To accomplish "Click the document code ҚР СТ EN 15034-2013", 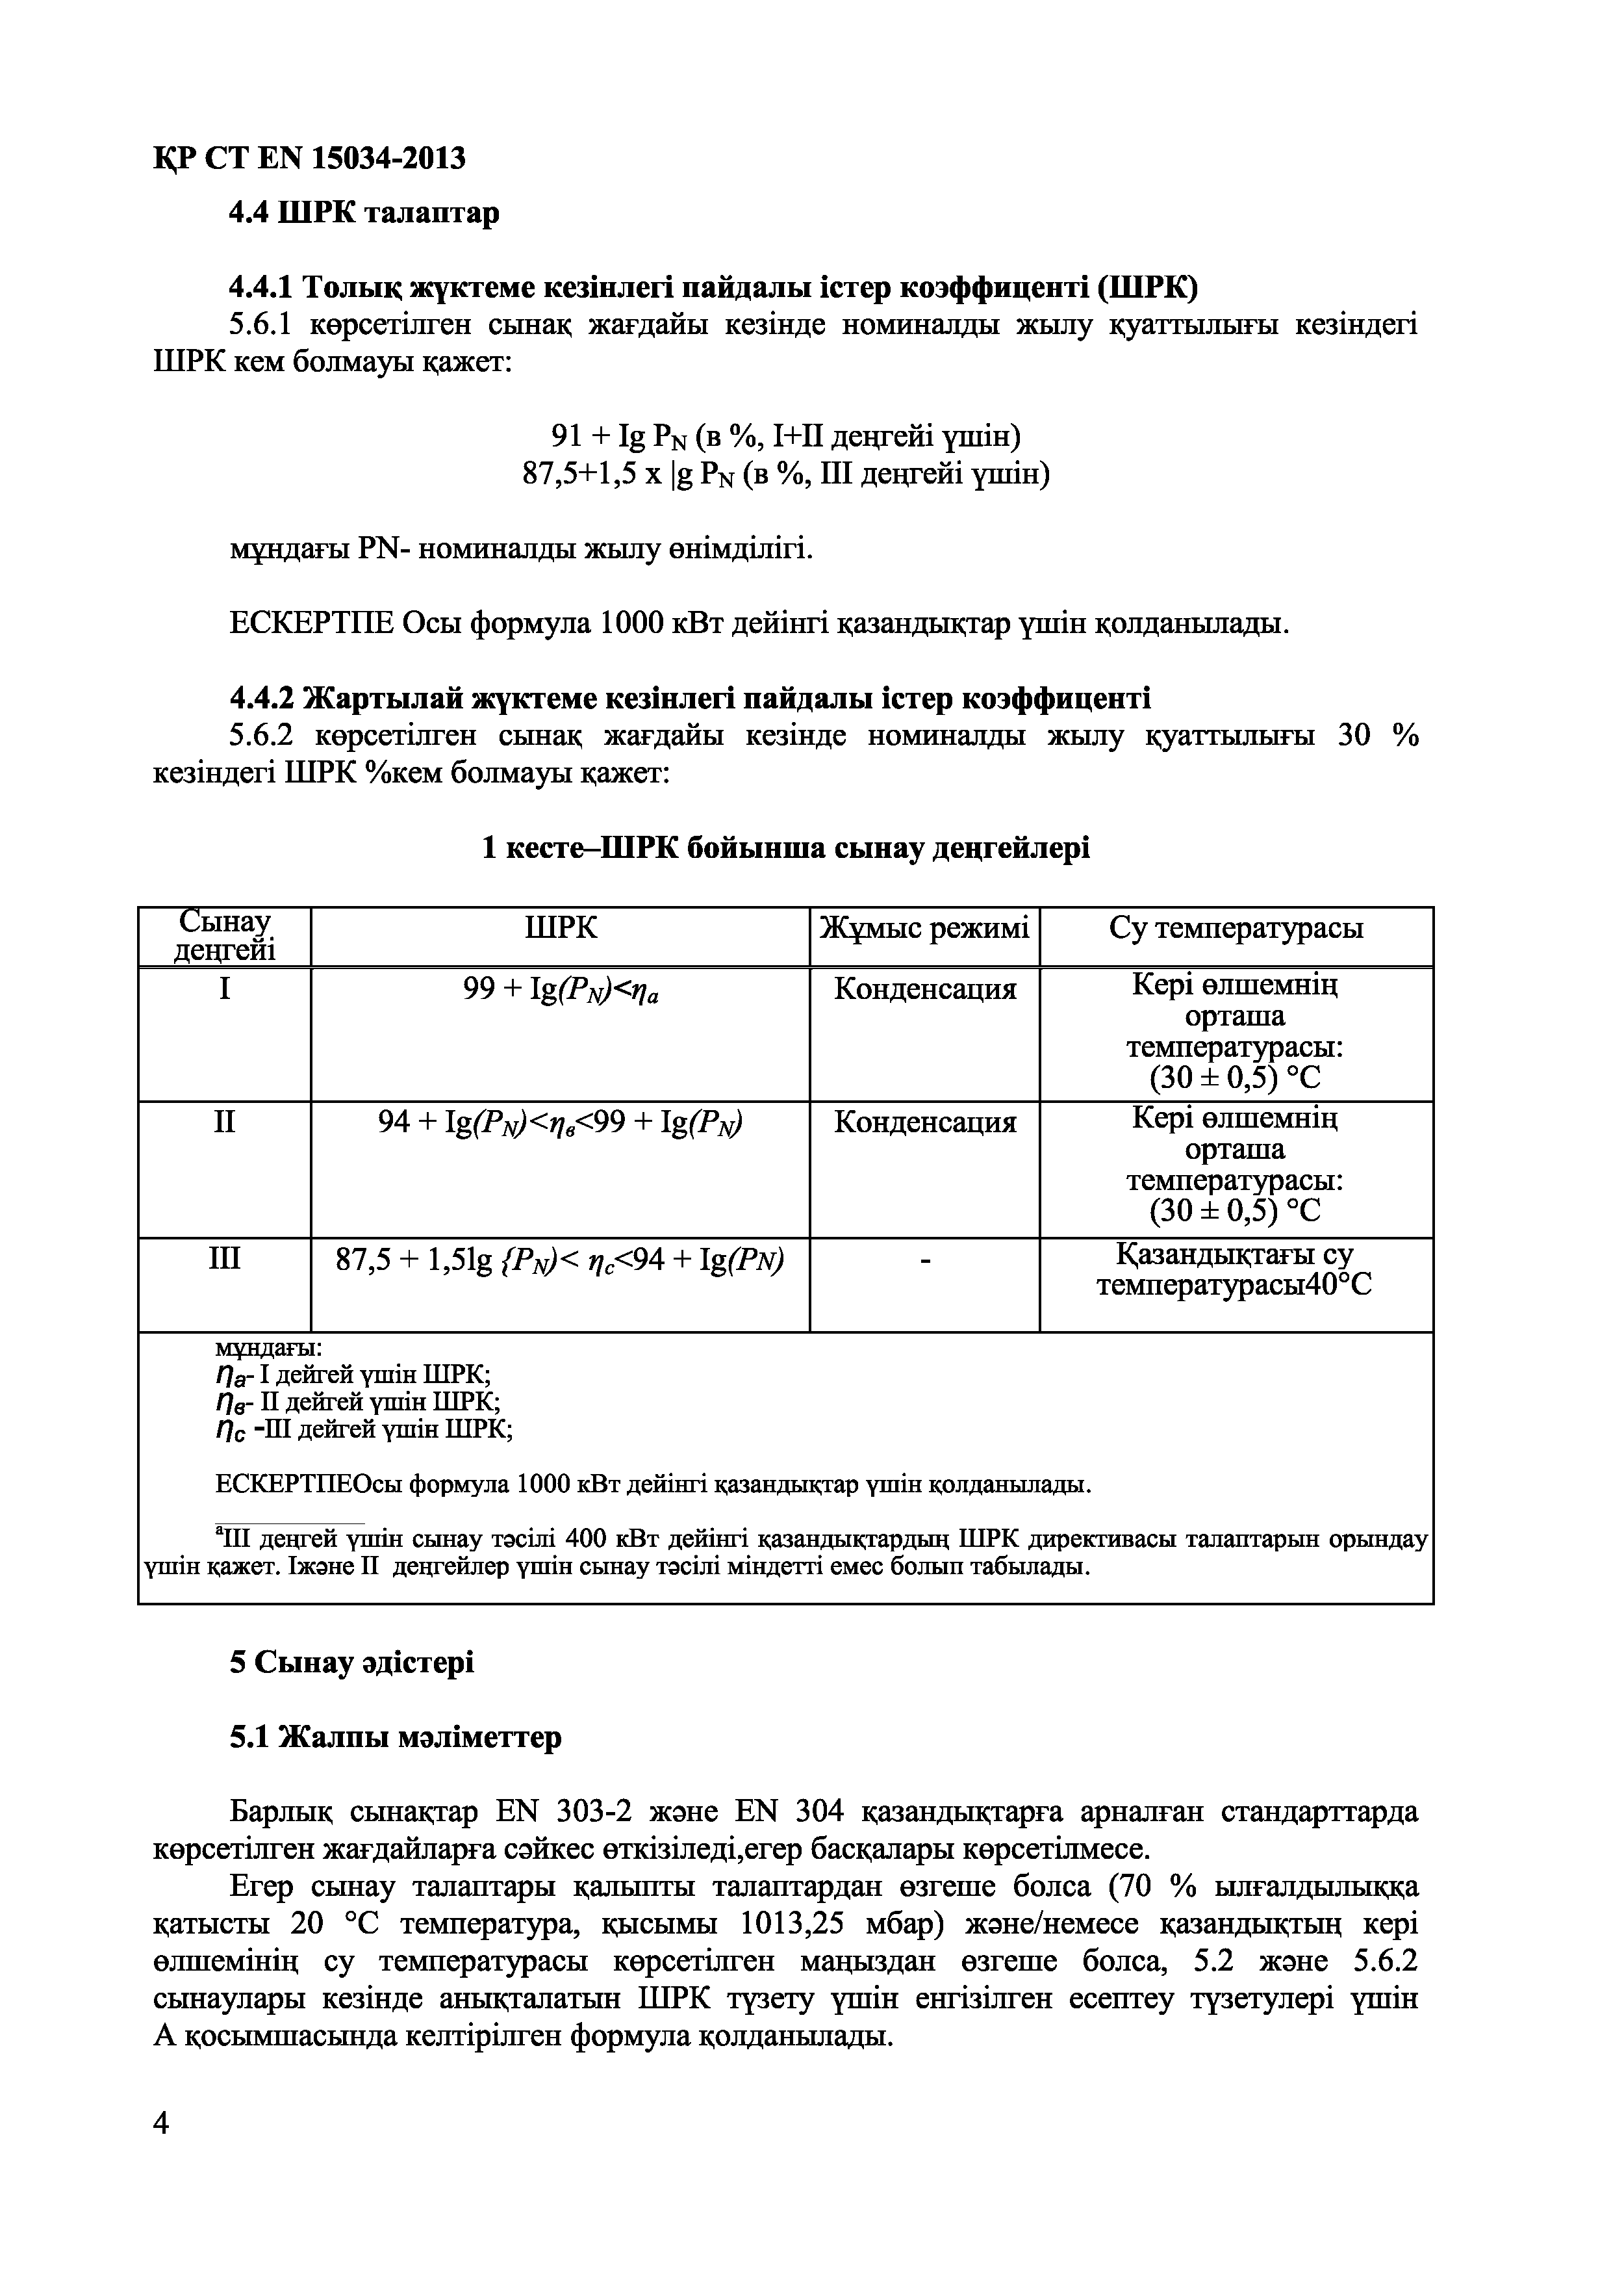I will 309,158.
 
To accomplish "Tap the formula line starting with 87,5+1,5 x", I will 785,474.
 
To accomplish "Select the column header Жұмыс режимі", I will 924,929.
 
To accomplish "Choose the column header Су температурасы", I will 1236,929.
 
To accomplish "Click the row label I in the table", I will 224,989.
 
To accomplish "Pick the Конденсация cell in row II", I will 924,1122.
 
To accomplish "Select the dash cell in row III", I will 924,1260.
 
